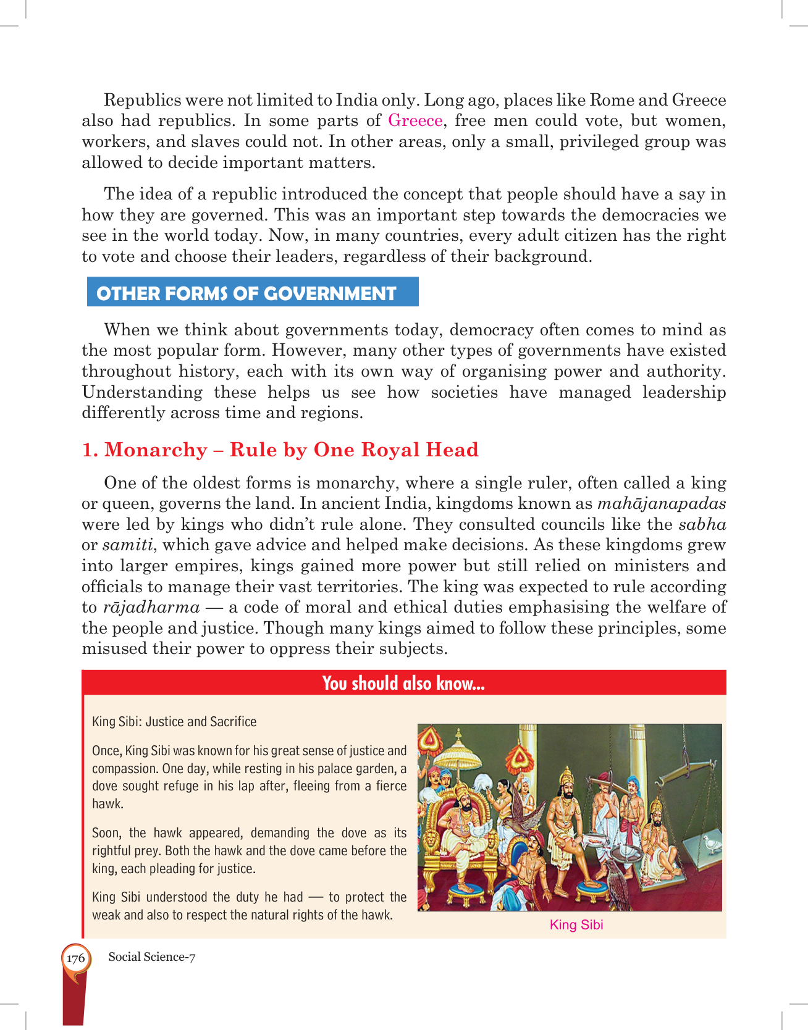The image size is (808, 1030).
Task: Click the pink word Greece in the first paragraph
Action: click(x=415, y=120)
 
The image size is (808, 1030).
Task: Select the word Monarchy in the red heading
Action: click(x=156, y=450)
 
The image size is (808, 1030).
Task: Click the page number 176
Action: click(x=75, y=958)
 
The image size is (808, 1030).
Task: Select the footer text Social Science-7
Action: click(x=152, y=957)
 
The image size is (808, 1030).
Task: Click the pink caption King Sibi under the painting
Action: click(x=576, y=925)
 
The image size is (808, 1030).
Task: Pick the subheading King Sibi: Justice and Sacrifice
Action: click(x=174, y=721)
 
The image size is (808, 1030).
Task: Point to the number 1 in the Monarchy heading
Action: click(x=88, y=450)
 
